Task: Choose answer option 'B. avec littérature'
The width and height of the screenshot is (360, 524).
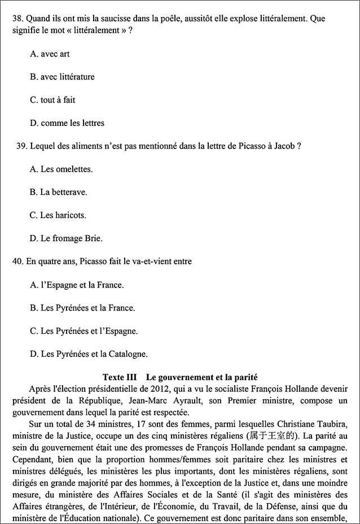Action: click(x=62, y=77)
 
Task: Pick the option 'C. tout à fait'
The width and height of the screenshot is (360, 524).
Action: click(x=52, y=100)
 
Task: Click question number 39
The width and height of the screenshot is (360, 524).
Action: click(x=21, y=146)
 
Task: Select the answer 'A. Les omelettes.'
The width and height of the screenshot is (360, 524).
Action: click(x=61, y=169)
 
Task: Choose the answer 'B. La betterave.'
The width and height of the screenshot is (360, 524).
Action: click(x=58, y=192)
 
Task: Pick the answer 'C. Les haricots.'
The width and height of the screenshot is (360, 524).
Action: click(x=58, y=215)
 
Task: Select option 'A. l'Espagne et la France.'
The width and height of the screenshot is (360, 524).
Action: click(x=77, y=285)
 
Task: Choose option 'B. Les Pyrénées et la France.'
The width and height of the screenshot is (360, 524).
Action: click(x=82, y=308)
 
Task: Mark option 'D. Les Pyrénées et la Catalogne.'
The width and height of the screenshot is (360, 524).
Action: click(x=89, y=354)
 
